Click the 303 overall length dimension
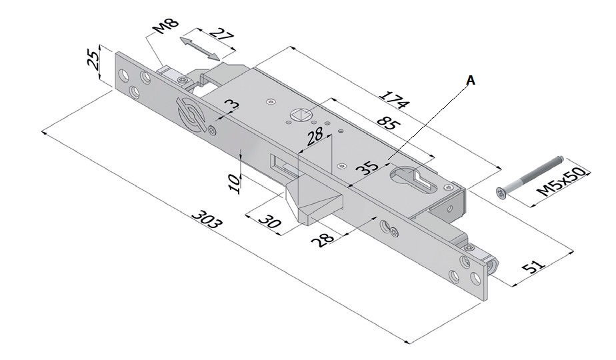(x=206, y=220)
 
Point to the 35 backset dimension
(x=365, y=166)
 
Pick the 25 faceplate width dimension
(x=95, y=59)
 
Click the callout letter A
(x=470, y=80)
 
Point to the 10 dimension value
(x=233, y=183)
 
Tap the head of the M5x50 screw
(x=501, y=192)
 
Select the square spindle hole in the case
(x=299, y=115)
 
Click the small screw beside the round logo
(x=212, y=130)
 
